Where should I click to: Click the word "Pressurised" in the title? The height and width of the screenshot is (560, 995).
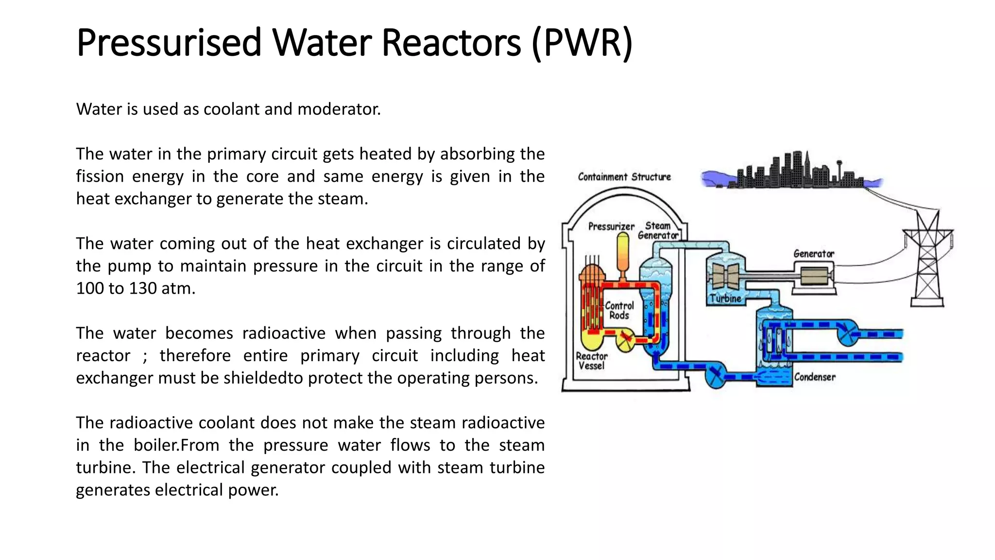pyautogui.click(x=169, y=43)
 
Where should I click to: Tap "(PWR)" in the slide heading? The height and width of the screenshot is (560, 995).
pyautogui.click(x=582, y=43)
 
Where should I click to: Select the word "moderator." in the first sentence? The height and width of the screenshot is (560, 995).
pyautogui.click(x=339, y=109)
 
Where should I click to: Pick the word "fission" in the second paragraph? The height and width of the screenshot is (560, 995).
pyautogui.click(x=100, y=176)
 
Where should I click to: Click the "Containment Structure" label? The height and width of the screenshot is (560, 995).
pyautogui.click(x=624, y=177)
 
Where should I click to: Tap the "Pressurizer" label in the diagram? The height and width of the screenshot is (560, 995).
pyautogui.click(x=611, y=227)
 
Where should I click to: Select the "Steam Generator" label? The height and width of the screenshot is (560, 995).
pyautogui.click(x=658, y=230)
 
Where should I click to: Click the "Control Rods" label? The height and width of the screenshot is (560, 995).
pyautogui.click(x=619, y=311)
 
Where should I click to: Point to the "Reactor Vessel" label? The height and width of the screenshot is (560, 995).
pyautogui.click(x=591, y=361)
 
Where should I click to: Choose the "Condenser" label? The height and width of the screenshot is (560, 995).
pyautogui.click(x=815, y=377)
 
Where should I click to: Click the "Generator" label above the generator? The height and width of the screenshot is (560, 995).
pyautogui.click(x=813, y=254)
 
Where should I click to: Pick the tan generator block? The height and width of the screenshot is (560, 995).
pyautogui.click(x=814, y=277)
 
